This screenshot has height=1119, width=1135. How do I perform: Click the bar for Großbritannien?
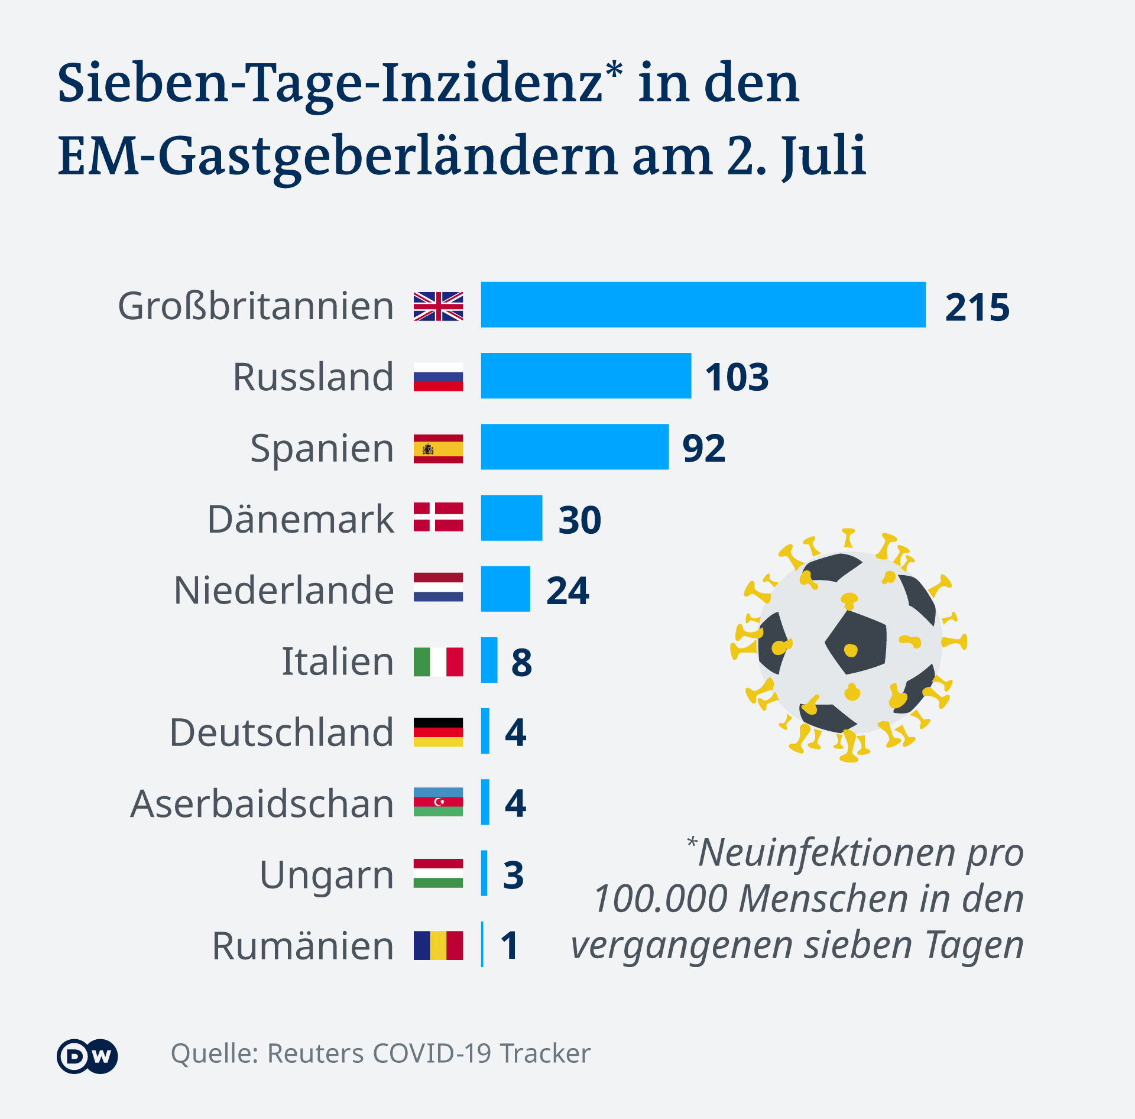point(703,305)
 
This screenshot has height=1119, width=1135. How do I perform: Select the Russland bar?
point(586,376)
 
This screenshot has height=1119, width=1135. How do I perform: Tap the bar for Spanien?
point(575,447)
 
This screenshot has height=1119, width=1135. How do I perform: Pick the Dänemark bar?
point(511,518)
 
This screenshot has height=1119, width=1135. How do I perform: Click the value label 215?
point(977,307)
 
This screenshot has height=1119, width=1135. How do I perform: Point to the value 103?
point(737,377)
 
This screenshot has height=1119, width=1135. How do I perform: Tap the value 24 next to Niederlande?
point(567,591)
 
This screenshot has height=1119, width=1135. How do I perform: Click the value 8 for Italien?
point(521,662)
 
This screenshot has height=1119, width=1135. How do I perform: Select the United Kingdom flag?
point(438,306)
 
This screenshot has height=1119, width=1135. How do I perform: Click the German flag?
point(438,732)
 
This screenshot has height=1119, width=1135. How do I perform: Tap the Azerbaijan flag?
point(438,802)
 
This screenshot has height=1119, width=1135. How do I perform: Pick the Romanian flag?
point(438,945)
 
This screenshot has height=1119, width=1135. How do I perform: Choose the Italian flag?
point(438,661)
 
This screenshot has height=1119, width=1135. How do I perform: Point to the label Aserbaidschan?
point(262,804)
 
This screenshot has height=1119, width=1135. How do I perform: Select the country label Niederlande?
point(284,591)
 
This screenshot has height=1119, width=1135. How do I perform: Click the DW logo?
point(87,1056)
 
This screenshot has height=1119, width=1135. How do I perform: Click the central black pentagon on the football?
point(855,643)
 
